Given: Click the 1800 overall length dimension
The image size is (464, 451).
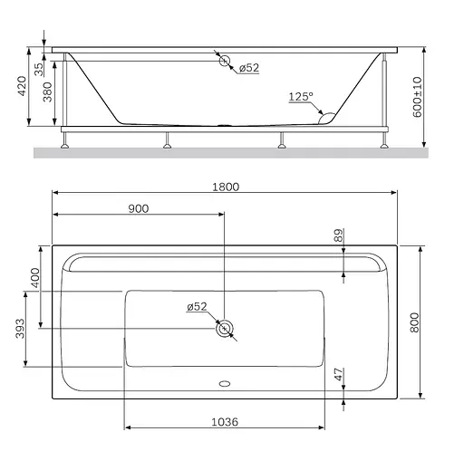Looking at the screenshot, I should pyautogui.click(x=226, y=187).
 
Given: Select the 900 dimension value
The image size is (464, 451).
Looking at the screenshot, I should pyautogui.click(x=139, y=208).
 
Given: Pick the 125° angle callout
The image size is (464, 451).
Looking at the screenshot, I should pyautogui.click(x=301, y=96).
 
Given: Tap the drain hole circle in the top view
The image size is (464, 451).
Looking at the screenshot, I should pyautogui.click(x=224, y=328).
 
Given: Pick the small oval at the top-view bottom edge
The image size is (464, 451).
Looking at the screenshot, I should pyautogui.click(x=224, y=382).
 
